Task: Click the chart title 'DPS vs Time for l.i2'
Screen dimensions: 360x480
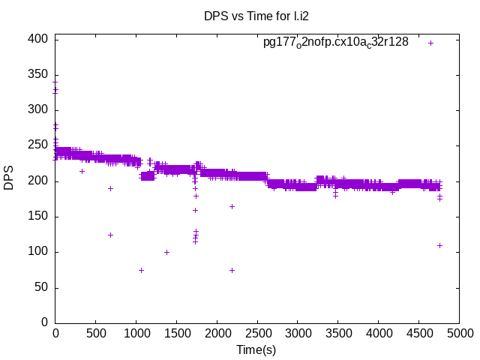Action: tap(256, 16)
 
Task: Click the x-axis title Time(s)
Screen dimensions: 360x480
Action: tap(257, 349)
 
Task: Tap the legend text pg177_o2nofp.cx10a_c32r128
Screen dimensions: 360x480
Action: tap(335, 42)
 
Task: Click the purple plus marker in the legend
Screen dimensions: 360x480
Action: tap(430, 43)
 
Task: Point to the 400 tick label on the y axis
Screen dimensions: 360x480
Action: tap(39, 39)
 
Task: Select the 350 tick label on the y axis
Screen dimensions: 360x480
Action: tap(39, 75)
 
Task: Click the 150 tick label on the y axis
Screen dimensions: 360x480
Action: tap(39, 217)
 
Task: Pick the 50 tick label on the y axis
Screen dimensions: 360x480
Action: tap(42, 287)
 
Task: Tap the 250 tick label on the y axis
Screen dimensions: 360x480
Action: tap(39, 145)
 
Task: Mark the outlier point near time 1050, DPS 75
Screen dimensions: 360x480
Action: tap(141, 270)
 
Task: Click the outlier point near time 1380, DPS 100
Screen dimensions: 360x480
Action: tap(166, 252)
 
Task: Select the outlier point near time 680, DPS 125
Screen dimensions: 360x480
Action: tap(110, 235)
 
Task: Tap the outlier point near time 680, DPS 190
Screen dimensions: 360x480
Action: tap(110, 188)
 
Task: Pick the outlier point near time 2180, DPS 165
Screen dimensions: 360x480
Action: tap(232, 206)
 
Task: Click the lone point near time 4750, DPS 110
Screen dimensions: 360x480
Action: tap(439, 245)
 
